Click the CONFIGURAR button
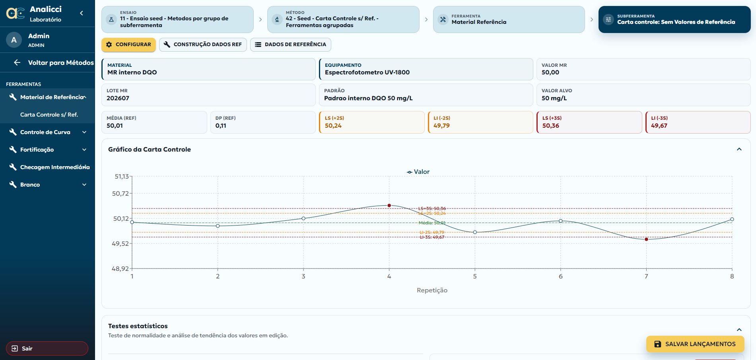[128, 45]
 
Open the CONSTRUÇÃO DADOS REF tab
[203, 45]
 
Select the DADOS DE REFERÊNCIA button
[291, 45]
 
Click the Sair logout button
[47, 348]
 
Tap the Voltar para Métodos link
[54, 62]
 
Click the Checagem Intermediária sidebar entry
[50, 167]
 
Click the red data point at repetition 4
[389, 206]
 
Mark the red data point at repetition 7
[646, 239]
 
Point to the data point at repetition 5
[475, 232]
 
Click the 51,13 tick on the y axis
[122, 176]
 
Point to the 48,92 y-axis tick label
[120, 269]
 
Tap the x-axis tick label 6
[561, 276]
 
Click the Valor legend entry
[418, 172]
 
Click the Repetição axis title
[432, 290]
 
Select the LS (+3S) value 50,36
[551, 126]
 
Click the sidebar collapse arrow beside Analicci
[82, 13]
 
